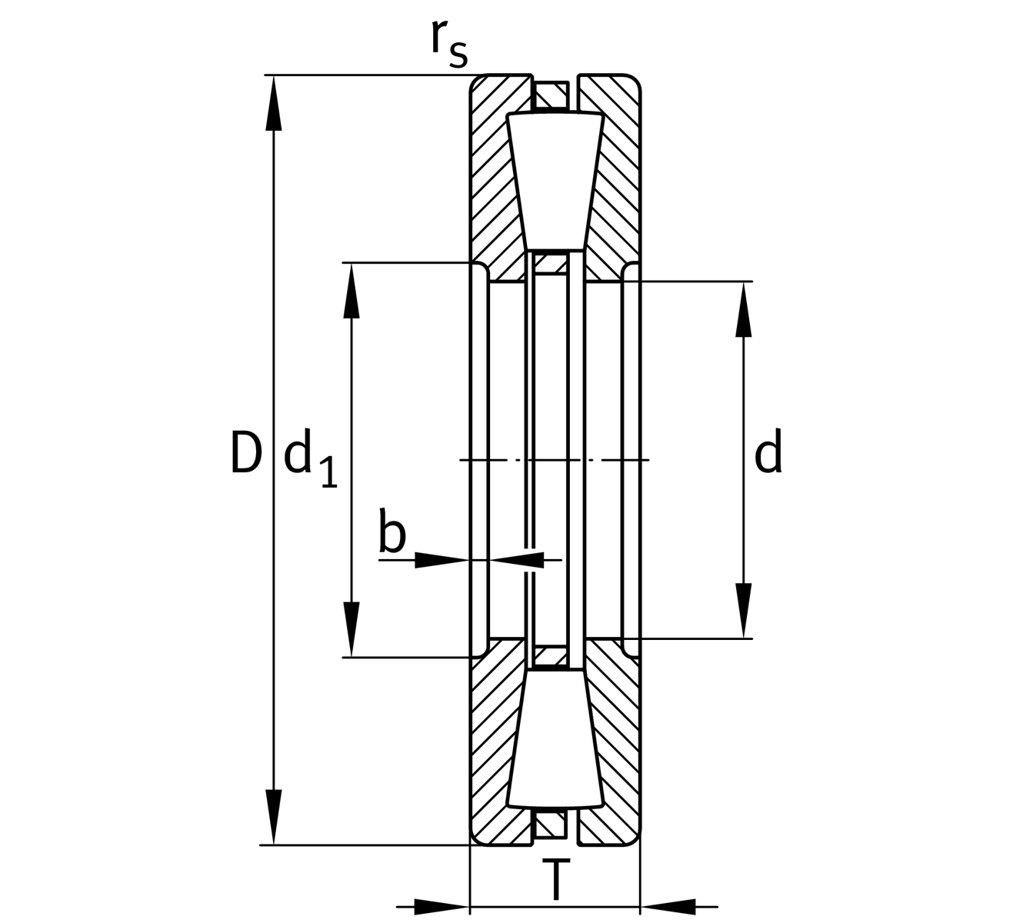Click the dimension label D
(246, 454)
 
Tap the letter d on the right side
(768, 454)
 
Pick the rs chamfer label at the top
(448, 42)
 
